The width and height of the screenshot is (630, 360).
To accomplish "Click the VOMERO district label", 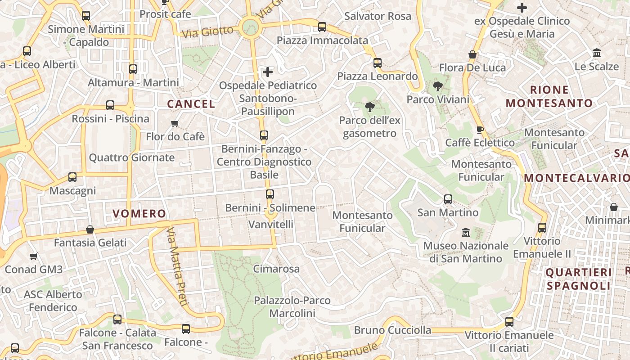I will (x=139, y=214).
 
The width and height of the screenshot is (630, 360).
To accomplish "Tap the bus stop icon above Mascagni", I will (x=72, y=177).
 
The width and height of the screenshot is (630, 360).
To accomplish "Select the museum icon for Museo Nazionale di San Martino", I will (x=466, y=233).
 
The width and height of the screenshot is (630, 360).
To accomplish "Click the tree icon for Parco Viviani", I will (x=437, y=86).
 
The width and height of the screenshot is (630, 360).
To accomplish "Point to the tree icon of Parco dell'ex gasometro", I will (x=370, y=107).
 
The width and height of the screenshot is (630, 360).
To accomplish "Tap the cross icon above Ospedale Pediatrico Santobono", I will (x=268, y=72).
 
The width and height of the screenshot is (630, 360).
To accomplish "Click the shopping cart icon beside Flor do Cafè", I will (x=175, y=123).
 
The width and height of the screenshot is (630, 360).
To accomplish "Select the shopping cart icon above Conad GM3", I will (x=34, y=256).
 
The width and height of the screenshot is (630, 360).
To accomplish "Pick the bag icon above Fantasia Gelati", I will (x=90, y=229).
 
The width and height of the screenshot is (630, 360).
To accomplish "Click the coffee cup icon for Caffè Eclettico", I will (x=480, y=130).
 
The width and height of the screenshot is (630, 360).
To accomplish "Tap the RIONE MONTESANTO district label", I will (x=549, y=96).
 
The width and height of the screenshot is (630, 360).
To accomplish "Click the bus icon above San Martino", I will (x=448, y=199).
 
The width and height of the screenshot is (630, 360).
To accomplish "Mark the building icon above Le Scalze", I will (x=597, y=53).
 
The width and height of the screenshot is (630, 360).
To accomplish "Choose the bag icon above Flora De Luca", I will (x=472, y=55).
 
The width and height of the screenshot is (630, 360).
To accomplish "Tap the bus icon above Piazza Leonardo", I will (x=378, y=63).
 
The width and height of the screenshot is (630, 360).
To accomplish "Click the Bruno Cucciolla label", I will (x=392, y=330).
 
